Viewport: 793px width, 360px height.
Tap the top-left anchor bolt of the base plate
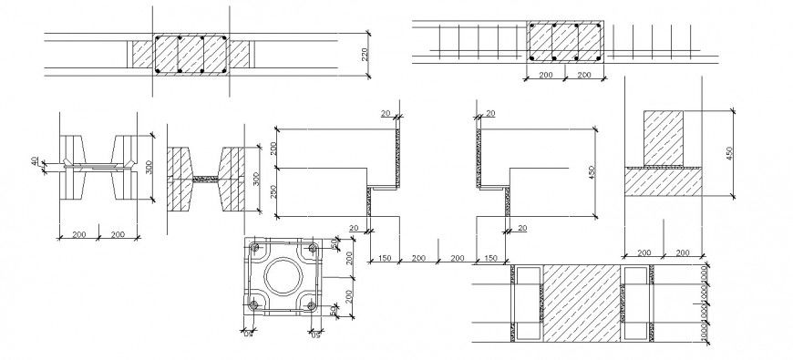[252, 247]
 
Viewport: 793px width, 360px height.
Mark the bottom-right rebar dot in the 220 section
[224, 70]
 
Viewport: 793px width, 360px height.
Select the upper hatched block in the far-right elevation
[664, 138]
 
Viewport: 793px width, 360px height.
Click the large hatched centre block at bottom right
[583, 302]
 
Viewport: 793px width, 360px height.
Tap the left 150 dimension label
[385, 260]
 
